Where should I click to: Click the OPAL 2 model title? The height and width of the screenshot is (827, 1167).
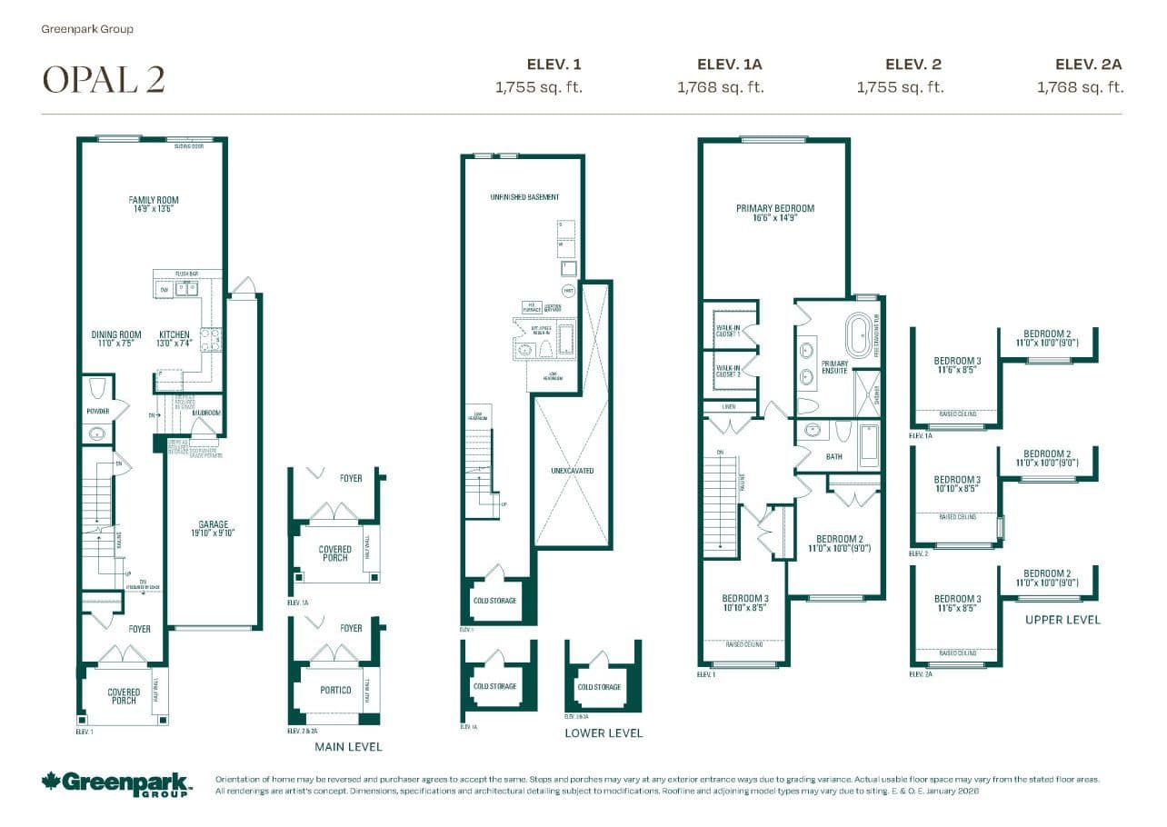click(x=104, y=80)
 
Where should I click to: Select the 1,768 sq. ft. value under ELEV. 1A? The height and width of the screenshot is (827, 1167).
click(x=720, y=87)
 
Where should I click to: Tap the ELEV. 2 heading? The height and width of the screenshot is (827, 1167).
click(x=913, y=64)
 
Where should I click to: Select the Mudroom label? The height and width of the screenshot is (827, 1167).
click(x=206, y=412)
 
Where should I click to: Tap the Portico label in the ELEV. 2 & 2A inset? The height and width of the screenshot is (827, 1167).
click(x=335, y=690)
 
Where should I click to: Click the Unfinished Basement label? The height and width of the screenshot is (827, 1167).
click(x=524, y=197)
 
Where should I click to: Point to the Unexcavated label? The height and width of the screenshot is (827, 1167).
click(x=572, y=471)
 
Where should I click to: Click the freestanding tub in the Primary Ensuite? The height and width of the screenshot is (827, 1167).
click(x=858, y=336)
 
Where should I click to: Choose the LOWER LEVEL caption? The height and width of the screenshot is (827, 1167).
click(x=603, y=732)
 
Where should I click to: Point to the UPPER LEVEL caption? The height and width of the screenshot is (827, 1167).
click(x=1062, y=620)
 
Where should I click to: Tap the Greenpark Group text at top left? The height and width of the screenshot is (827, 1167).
click(x=87, y=29)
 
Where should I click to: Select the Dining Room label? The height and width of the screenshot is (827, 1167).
click(x=116, y=339)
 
